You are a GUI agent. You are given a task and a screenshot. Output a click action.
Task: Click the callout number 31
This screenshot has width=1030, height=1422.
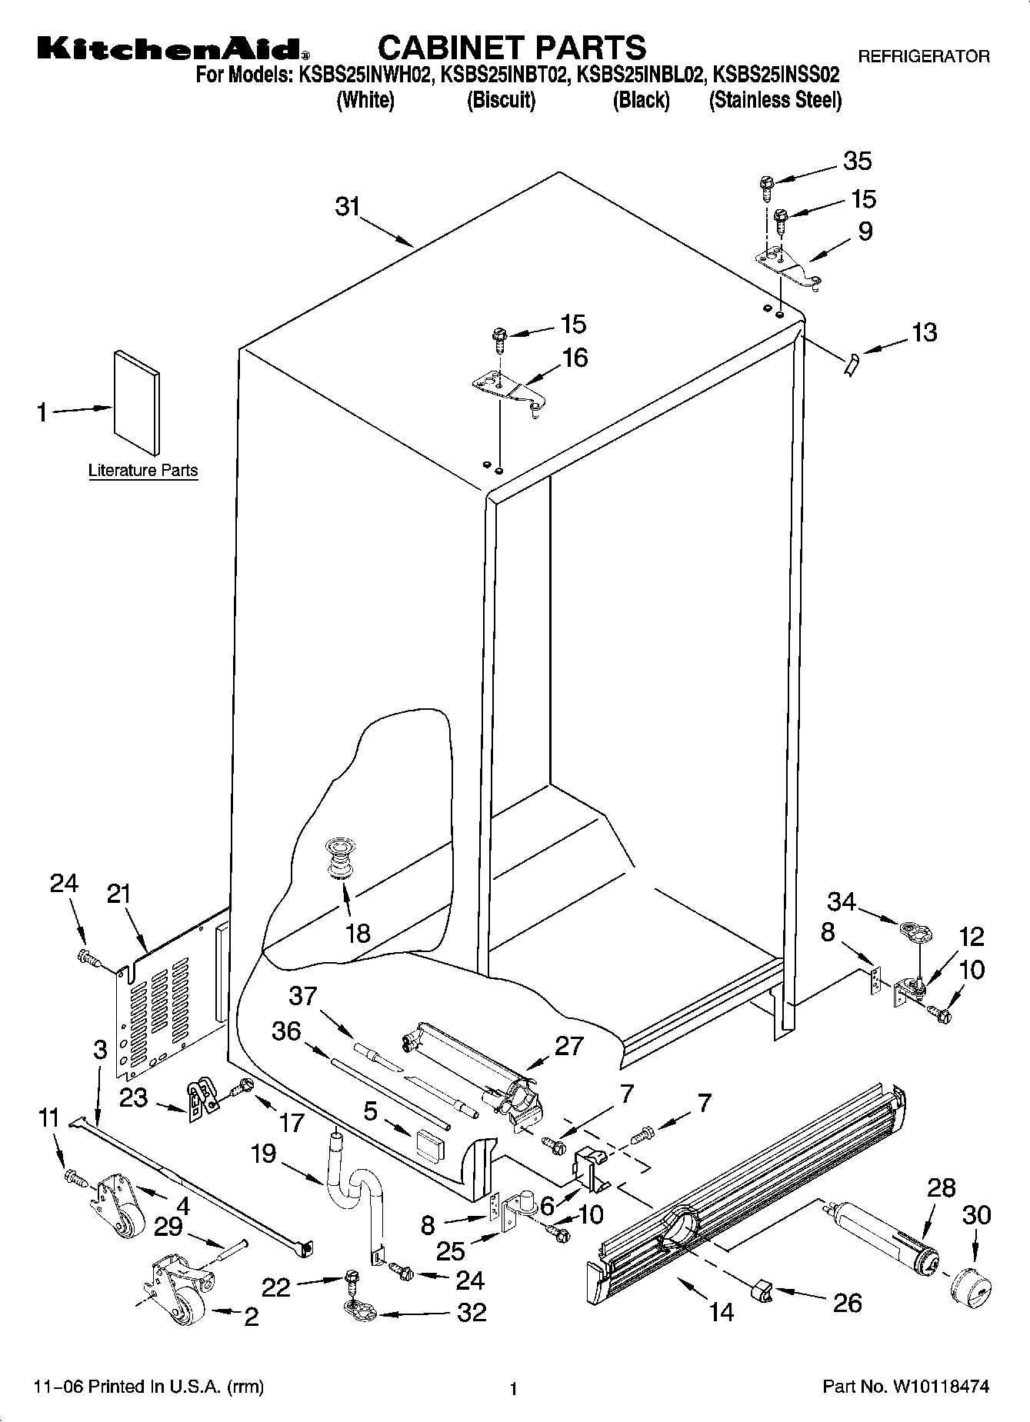click(x=348, y=207)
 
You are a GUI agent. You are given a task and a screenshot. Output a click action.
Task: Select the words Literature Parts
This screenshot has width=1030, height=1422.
click(x=143, y=471)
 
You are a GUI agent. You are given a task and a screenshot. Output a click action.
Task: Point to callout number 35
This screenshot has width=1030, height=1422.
click(x=857, y=161)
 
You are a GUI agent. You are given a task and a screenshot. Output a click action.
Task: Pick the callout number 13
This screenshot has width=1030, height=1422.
click(x=924, y=332)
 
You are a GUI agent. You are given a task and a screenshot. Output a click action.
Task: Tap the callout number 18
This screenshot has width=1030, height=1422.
click(x=358, y=933)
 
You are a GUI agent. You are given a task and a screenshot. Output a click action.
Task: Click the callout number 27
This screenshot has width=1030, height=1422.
click(x=568, y=1046)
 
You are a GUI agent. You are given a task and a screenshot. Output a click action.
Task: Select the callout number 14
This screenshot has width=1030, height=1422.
click(x=722, y=1311)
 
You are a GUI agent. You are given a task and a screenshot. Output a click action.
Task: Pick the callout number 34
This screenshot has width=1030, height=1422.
click(x=842, y=901)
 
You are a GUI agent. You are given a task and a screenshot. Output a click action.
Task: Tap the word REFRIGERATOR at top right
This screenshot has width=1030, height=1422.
click(x=923, y=56)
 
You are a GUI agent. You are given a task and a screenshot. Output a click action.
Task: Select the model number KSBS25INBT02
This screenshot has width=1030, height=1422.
click(x=504, y=75)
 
